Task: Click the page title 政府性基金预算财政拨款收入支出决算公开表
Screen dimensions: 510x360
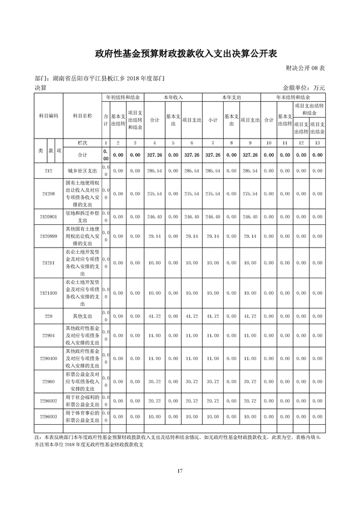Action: pos(180,55)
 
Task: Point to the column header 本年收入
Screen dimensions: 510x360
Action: pos(173,98)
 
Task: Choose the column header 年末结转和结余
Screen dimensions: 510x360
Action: pos(292,98)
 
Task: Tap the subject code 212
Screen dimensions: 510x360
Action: pos(48,170)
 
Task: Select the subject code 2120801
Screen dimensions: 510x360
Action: pos(48,216)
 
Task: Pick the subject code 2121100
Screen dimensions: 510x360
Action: pos(48,293)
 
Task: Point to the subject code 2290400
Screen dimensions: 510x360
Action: pos(48,359)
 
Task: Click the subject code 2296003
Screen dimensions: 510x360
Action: pos(48,416)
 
